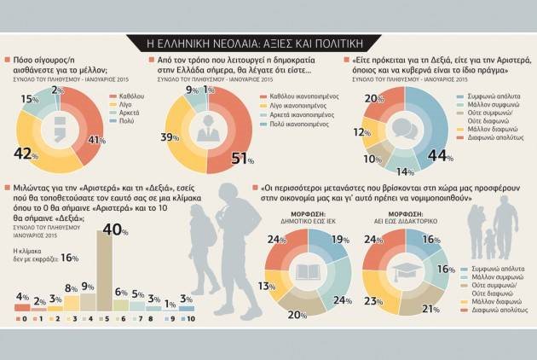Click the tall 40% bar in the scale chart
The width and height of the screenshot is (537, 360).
pos(106,273)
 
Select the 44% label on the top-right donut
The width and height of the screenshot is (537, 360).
pos(441,155)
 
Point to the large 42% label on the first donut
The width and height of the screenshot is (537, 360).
pos(26,153)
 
